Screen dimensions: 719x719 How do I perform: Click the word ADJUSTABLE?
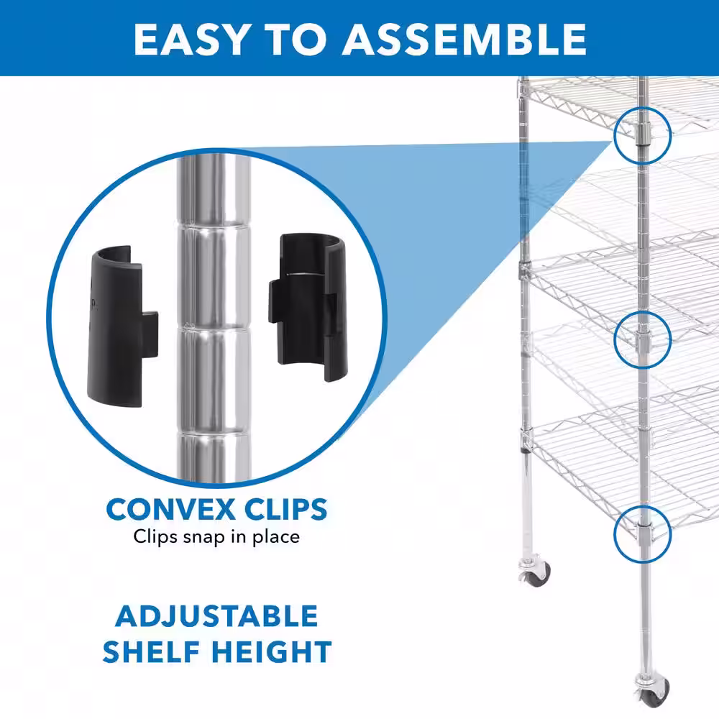pos(216,617)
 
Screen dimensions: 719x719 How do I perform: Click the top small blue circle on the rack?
pos(642,134)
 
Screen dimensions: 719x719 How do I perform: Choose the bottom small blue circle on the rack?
pos(642,532)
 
